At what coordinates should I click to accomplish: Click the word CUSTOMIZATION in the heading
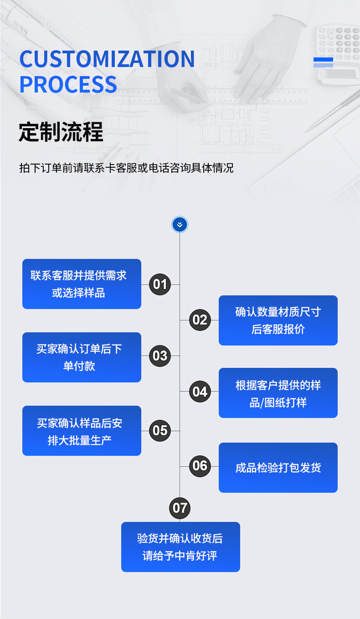coord(107,59)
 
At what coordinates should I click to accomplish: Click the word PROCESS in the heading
coord(68,85)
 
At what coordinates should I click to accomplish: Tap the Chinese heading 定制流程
coord(61,132)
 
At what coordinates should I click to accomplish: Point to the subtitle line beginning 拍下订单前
coord(126,168)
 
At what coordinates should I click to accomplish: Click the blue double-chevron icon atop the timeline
coord(180,224)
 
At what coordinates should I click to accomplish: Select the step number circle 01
coord(160,284)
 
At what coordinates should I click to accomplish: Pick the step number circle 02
coord(200,320)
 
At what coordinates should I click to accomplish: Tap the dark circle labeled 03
coord(160,356)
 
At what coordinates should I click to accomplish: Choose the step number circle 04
coord(200,392)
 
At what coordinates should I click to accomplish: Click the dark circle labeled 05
coord(160,430)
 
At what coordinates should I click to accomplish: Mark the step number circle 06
coord(200,466)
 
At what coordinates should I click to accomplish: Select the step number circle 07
coord(180,508)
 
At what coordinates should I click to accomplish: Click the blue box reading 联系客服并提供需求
coord(82,284)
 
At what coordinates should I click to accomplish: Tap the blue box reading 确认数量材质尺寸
coord(278,320)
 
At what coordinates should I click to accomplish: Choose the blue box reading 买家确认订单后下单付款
coord(82,357)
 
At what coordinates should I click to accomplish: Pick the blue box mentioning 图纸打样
coord(278,393)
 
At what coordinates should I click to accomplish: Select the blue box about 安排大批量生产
coord(82,431)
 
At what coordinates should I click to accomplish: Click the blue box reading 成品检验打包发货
coord(278,468)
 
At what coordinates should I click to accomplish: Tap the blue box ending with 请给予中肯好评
coord(180,547)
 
